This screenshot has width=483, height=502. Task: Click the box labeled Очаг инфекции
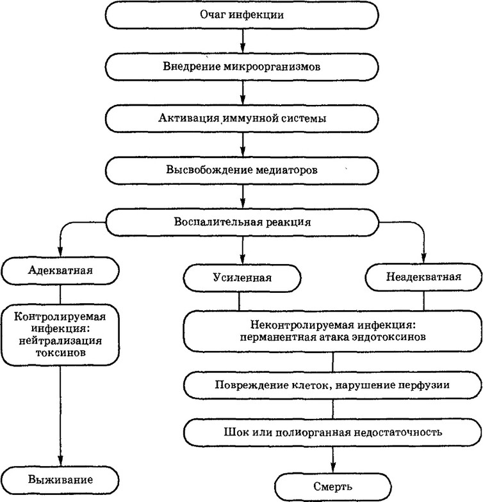click(x=242, y=15)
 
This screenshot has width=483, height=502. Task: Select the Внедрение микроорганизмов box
click(x=242, y=67)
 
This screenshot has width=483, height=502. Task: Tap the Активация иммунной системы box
click(x=242, y=118)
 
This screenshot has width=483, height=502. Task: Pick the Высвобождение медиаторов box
click(x=242, y=170)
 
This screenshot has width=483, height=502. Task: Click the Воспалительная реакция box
click(x=242, y=222)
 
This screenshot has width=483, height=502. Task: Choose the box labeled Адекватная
click(x=60, y=271)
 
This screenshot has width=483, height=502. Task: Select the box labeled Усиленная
click(x=242, y=278)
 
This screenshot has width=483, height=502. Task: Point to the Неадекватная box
click(x=423, y=277)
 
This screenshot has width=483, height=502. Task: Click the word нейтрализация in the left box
click(x=60, y=341)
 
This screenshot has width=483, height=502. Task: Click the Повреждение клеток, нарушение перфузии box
click(x=332, y=385)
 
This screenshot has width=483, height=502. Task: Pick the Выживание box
click(x=60, y=480)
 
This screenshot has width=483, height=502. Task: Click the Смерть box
click(x=333, y=487)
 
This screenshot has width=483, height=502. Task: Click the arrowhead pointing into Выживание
click(x=60, y=461)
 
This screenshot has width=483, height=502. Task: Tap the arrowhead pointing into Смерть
click(x=333, y=467)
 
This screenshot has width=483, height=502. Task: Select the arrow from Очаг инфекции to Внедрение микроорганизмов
click(x=243, y=42)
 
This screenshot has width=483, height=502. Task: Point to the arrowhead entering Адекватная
click(x=60, y=252)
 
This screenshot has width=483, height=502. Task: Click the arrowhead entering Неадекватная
click(x=423, y=258)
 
